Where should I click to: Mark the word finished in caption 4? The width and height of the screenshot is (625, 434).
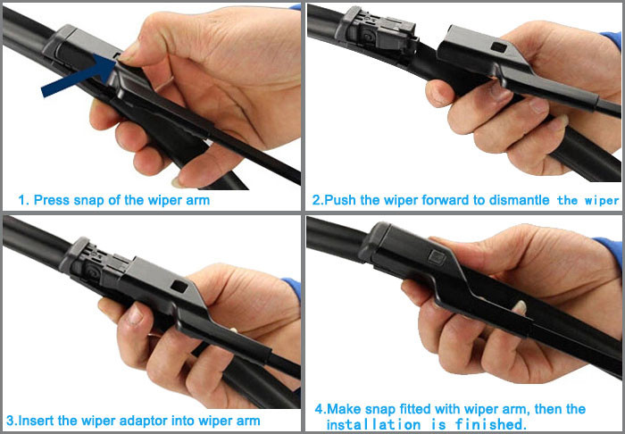pyautogui.click(x=491, y=424)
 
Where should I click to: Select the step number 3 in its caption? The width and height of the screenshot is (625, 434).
pyautogui.click(x=10, y=420)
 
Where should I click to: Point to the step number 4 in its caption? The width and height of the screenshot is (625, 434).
pyautogui.click(x=319, y=409)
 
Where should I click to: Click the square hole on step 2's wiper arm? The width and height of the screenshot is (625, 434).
pyautogui.click(x=498, y=46)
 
